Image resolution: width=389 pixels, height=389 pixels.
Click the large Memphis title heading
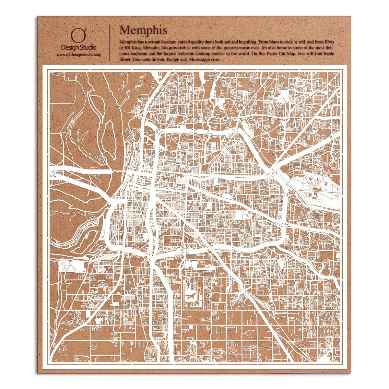tap(143, 30)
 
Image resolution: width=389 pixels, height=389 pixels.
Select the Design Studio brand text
tap(78, 48)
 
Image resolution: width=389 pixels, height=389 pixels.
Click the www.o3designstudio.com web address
tap(78, 55)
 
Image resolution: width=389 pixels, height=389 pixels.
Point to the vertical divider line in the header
tap(111, 42)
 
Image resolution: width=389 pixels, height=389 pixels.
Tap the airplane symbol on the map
tap(191, 296)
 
